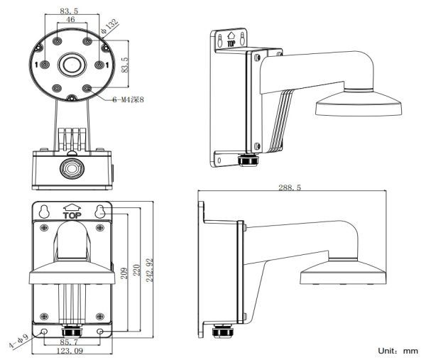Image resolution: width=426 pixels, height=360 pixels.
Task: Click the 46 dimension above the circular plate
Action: pyautogui.click(x=70, y=21)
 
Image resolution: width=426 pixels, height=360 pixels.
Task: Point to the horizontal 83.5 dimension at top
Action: pyautogui.click(x=70, y=11)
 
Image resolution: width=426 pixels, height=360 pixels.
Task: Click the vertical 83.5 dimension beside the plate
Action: pyautogui.click(x=125, y=65)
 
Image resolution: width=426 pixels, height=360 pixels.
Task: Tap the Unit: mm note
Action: pyautogui.click(x=400, y=350)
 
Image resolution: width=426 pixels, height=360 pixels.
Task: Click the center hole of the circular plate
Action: pyautogui.click(x=70, y=65)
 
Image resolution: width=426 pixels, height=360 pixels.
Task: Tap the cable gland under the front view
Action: pyautogui.click(x=70, y=332)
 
